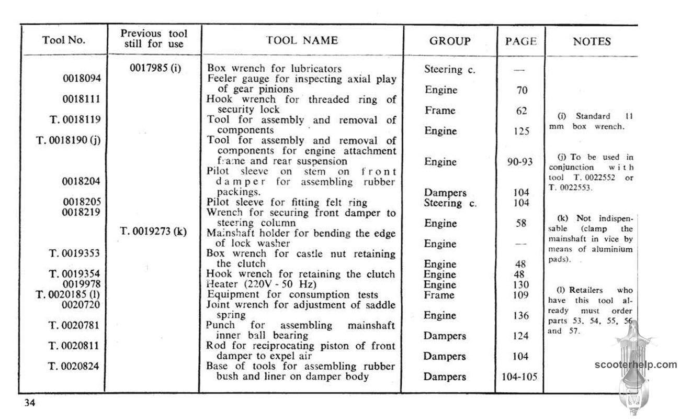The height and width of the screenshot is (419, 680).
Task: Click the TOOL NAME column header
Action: click(x=302, y=40)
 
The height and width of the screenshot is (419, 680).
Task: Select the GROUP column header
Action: click(x=449, y=41)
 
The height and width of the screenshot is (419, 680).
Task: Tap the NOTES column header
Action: click(x=592, y=41)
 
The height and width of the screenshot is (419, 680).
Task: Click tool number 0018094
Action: click(x=82, y=79)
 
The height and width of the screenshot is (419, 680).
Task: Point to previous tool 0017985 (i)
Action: click(x=155, y=68)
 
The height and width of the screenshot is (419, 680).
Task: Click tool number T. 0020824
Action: click(x=74, y=366)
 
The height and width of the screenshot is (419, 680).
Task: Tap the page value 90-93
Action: click(x=520, y=162)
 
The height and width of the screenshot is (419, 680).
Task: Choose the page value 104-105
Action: click(x=520, y=377)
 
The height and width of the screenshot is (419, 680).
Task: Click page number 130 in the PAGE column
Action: click(x=520, y=284)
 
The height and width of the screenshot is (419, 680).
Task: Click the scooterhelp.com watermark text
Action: click(x=635, y=365)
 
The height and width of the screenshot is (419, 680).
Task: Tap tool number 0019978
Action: click(x=82, y=284)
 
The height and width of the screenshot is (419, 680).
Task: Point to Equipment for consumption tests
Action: click(x=292, y=294)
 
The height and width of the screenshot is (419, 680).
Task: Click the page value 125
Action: click(x=520, y=131)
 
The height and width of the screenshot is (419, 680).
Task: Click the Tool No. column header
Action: click(x=64, y=40)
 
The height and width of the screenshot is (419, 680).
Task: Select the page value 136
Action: click(x=520, y=315)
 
